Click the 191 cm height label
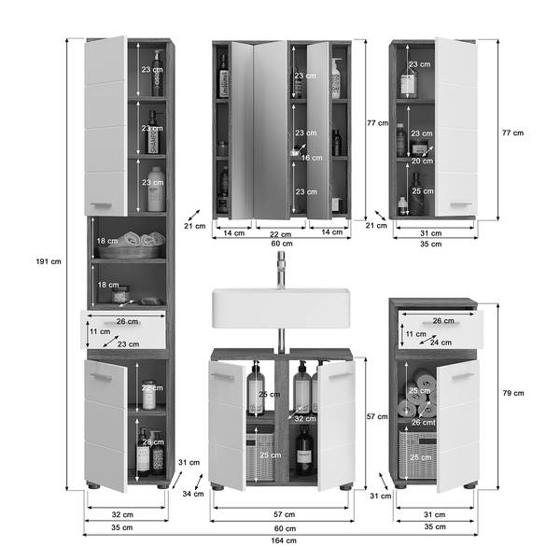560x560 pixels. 49,261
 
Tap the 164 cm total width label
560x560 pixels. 284,540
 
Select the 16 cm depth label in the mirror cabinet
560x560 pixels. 312,158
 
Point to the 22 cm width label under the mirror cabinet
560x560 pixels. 280,234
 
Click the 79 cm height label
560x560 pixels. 513,393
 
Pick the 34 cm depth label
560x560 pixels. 193,494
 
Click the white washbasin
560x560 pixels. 281,308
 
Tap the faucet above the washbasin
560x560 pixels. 282,270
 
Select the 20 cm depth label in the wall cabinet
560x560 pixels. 422,161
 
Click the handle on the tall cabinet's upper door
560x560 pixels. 101,205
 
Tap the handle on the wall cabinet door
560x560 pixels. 461,204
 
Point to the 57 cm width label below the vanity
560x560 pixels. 285,514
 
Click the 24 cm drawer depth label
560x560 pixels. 441,343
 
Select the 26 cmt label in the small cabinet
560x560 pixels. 424,422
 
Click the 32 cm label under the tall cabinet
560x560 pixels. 122,514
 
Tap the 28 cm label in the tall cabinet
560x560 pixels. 153,441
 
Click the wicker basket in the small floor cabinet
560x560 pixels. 417,455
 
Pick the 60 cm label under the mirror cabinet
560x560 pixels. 282,244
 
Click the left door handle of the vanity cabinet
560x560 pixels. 222,376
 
